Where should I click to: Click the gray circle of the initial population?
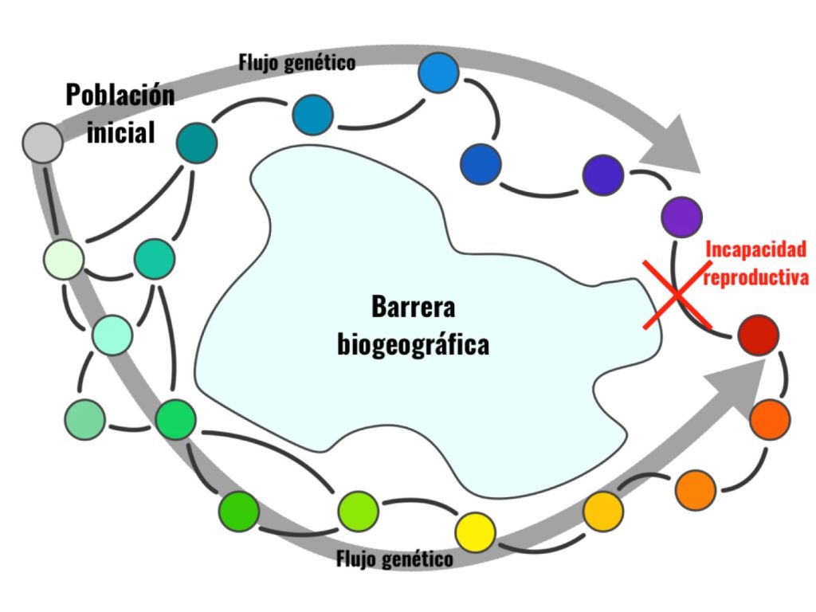pos(43,144)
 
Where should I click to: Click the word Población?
pos(120,96)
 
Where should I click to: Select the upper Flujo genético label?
pos(296,62)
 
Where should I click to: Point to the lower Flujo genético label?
pos(394,558)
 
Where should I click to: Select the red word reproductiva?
pos(756,278)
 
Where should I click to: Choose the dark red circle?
pos(758,335)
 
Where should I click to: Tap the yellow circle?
pos(476,528)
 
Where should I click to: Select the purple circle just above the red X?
pos(682,215)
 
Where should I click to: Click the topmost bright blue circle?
pos(439,73)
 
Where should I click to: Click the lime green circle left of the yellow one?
pos(357,509)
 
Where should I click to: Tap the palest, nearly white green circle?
pos(65,260)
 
